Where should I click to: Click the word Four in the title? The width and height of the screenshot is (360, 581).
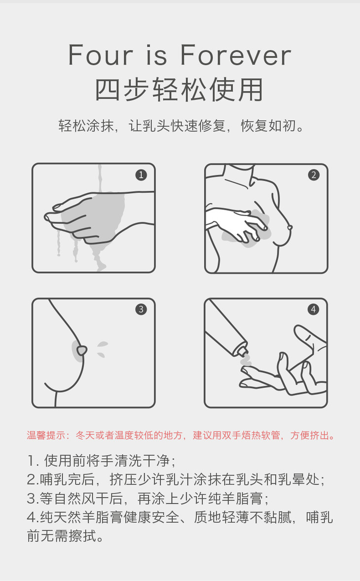coord(101,55)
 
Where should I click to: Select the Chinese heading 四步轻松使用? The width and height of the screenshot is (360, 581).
coord(180,90)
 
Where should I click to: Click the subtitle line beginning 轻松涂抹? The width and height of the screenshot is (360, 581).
coord(180,125)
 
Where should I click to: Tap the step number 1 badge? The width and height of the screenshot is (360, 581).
coord(141,175)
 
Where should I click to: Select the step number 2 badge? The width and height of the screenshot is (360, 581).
coord(314,175)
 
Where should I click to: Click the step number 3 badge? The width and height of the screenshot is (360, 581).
coord(141,310)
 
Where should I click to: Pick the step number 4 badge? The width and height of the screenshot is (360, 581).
coord(314,310)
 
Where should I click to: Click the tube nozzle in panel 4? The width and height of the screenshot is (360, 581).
coord(242,351)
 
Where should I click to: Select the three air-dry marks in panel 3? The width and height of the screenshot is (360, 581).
coord(102,349)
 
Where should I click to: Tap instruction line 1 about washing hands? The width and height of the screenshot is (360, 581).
coord(102,461)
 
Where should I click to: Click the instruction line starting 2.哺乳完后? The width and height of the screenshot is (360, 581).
coord(176,479)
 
